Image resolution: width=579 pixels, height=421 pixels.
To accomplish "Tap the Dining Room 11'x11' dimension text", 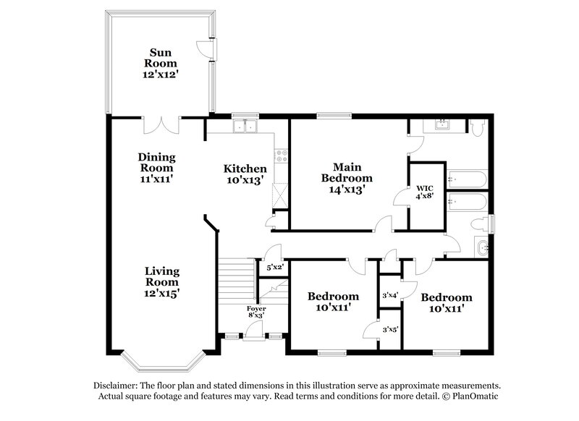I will (157, 177).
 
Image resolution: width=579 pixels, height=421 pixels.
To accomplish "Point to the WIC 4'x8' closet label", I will (421, 191).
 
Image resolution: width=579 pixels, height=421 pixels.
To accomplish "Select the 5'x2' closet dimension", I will (274, 267).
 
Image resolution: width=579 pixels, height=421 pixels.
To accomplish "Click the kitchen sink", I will (245, 128).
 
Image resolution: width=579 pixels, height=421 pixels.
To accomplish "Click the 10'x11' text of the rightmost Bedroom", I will (447, 309).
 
